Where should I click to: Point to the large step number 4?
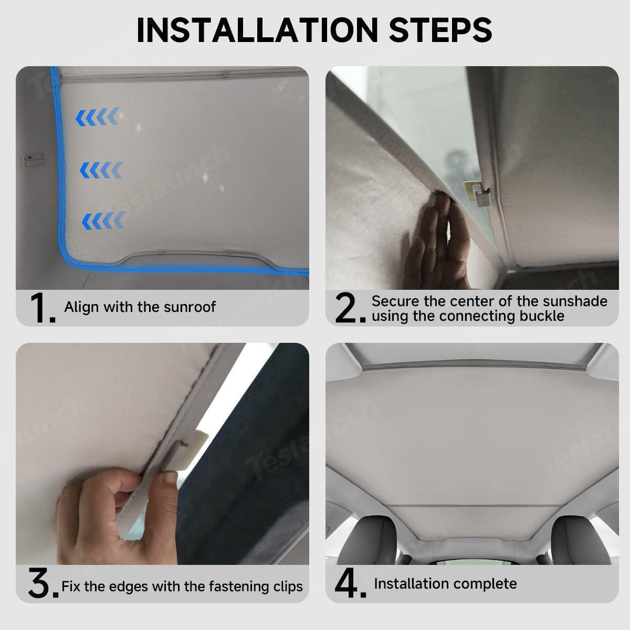pyautogui.click(x=350, y=583)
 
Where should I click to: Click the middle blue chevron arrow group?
pyautogui.click(x=101, y=170)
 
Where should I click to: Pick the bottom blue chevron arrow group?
pyautogui.click(x=103, y=220)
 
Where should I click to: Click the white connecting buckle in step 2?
pyautogui.click(x=477, y=193)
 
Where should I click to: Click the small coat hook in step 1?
pyautogui.click(x=34, y=157)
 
